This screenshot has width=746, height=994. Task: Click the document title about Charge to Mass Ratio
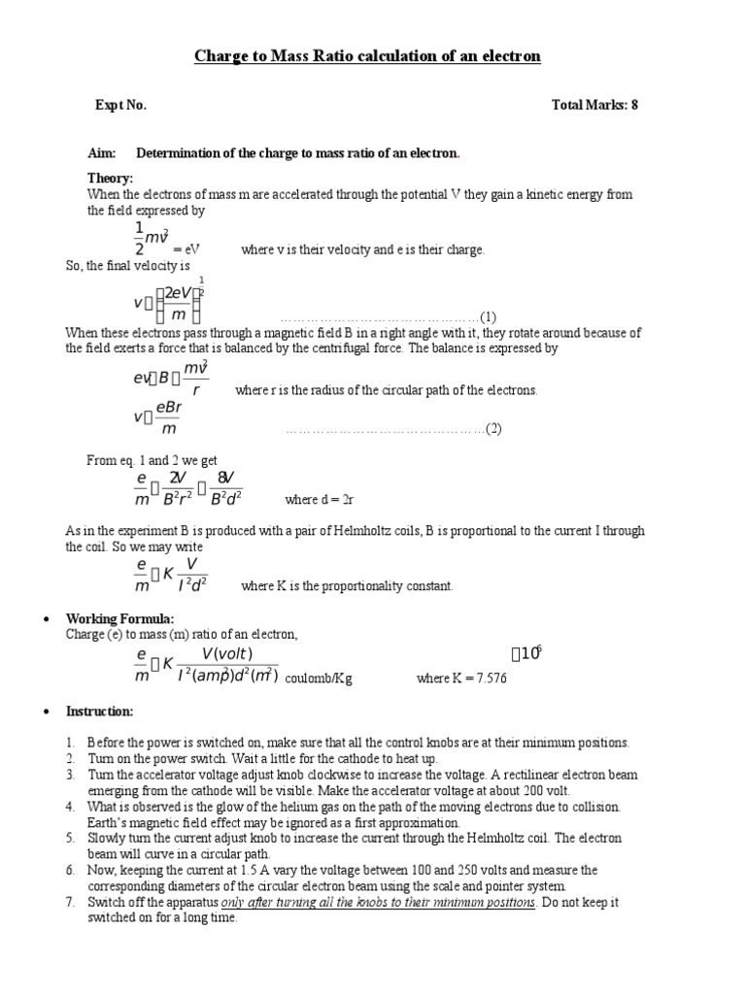click(367, 56)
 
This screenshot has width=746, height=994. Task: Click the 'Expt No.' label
click(120, 105)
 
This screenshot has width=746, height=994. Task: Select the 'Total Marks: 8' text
click(594, 105)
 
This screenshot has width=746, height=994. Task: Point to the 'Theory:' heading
click(110, 179)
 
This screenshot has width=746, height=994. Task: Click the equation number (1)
click(488, 317)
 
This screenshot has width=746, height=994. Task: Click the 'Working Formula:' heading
click(119, 619)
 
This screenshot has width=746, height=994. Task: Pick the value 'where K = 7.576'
click(461, 679)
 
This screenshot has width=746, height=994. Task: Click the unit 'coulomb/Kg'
click(319, 679)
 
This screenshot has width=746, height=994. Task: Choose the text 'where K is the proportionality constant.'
click(347, 585)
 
